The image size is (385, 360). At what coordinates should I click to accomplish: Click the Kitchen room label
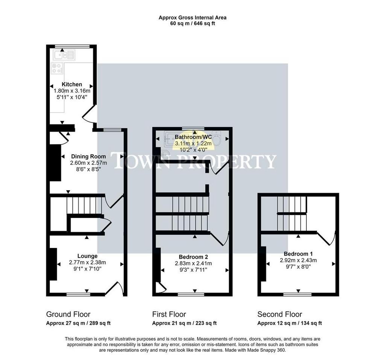pyautogui.click(x=72, y=85)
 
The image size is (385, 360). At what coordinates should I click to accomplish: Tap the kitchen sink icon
pyautogui.click(x=63, y=55)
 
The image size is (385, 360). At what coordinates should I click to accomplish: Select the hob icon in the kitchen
pyautogui.click(x=57, y=68)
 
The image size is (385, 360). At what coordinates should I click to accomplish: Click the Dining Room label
pyautogui.click(x=88, y=157)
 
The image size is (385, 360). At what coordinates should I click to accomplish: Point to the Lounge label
pyautogui.click(x=87, y=256)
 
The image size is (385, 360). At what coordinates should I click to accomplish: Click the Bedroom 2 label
pyautogui.click(x=194, y=257)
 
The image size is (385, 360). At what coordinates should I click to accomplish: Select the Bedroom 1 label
pyautogui.click(x=298, y=254)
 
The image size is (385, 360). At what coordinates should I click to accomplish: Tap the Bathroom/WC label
pyautogui.click(x=193, y=137)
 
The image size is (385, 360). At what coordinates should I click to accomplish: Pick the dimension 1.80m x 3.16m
pyautogui.click(x=72, y=91)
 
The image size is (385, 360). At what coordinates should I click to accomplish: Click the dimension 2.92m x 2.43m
pyautogui.click(x=298, y=260)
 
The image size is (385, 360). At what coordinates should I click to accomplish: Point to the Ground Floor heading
pyautogui.click(x=68, y=315)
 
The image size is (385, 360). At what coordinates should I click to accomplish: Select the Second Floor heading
pyautogui.click(x=280, y=315)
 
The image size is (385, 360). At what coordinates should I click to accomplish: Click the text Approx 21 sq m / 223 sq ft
pyautogui.click(x=184, y=323)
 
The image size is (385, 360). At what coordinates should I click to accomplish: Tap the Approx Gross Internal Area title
pyautogui.click(x=192, y=18)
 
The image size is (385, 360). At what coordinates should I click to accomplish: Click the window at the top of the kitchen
pyautogui.click(x=72, y=46)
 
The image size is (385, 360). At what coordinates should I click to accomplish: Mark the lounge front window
pyautogui.click(x=78, y=295)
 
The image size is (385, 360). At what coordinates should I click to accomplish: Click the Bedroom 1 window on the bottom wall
pyautogui.click(x=297, y=295)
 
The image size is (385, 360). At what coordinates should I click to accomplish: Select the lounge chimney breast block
pyautogui.click(x=53, y=264)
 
